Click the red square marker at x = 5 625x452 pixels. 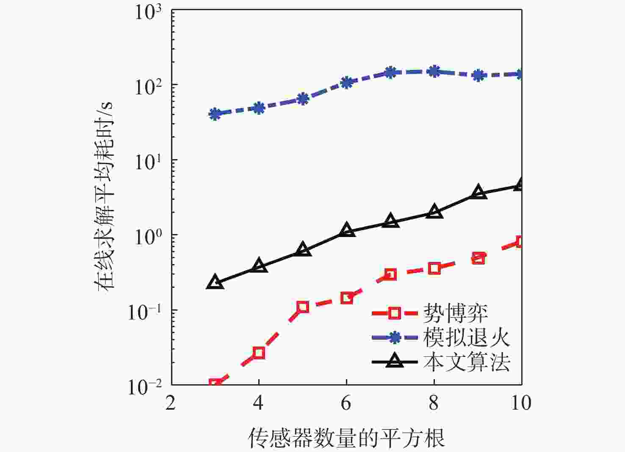click(303, 307)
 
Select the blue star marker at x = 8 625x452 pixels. click(434, 71)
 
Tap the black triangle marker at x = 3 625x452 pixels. click(215, 282)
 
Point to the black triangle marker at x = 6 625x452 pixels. click(347, 230)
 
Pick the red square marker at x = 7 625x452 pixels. click(390, 274)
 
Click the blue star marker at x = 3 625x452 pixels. click(215, 114)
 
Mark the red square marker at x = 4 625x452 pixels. click(259, 353)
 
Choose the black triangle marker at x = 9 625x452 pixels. click(478, 192)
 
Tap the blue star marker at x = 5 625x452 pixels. click(303, 99)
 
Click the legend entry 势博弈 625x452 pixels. click(456, 314)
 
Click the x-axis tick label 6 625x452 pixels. click(346, 403)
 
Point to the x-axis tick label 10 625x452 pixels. click(521, 403)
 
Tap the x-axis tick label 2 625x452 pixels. click(171, 403)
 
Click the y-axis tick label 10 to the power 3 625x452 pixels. click(148, 11)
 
